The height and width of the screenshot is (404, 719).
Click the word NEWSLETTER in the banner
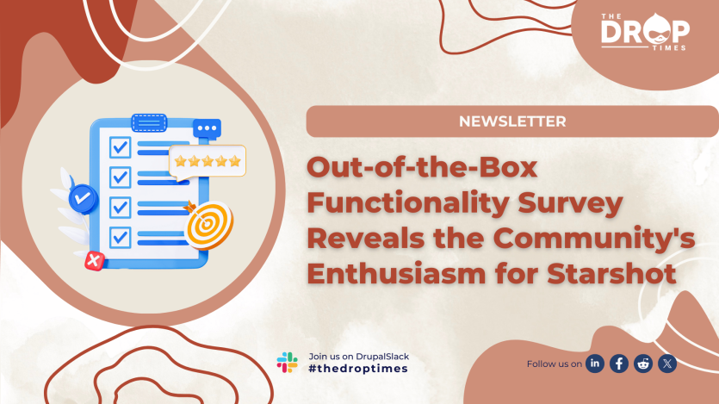pos(512,121)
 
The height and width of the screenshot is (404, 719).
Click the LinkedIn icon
pos(595,364)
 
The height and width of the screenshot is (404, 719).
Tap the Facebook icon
pos(619,364)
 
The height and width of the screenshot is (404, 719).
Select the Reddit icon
pos(643,364)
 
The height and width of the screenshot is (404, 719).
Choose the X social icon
pos(667,364)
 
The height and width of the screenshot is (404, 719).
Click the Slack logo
pos(287,362)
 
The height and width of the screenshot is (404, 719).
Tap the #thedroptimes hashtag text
pos(357,369)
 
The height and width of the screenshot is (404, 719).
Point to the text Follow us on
pos(554,364)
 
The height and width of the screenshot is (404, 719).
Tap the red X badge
pos(93,259)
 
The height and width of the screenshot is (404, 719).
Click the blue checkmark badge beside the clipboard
pos(83,197)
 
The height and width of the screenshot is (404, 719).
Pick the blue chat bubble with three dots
pos(207,129)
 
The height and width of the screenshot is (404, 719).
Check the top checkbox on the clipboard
pos(120,146)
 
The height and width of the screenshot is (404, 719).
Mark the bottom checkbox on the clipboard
pos(120,235)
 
